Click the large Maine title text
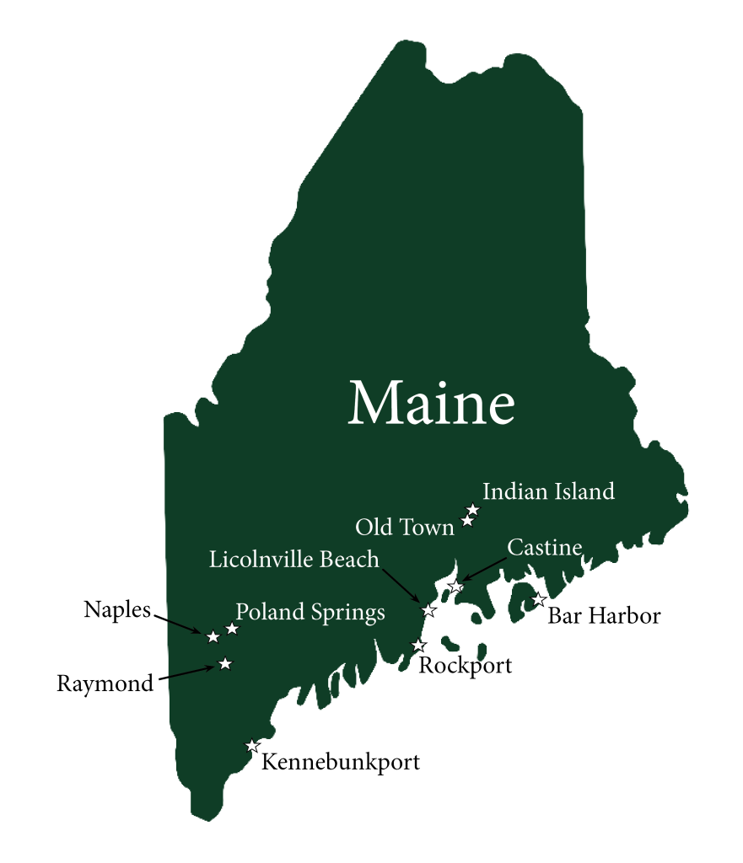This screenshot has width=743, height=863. [431, 403]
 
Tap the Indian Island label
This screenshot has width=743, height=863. [548, 491]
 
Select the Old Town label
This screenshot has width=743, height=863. [405, 528]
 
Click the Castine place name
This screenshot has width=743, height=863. [544, 548]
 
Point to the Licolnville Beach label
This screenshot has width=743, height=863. [294, 560]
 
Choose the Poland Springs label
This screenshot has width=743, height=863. [310, 612]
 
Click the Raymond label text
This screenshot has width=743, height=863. [106, 683]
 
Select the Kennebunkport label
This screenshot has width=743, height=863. [341, 763]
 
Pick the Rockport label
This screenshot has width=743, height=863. [466, 666]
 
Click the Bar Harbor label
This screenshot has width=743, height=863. [604, 616]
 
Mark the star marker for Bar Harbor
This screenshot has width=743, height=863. [538, 599]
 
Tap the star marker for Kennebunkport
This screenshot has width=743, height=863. [251, 745]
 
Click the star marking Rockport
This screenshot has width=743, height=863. [417, 645]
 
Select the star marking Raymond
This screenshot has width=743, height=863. [224, 663]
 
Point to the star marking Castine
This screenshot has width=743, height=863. [456, 586]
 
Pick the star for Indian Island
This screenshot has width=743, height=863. [473, 509]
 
